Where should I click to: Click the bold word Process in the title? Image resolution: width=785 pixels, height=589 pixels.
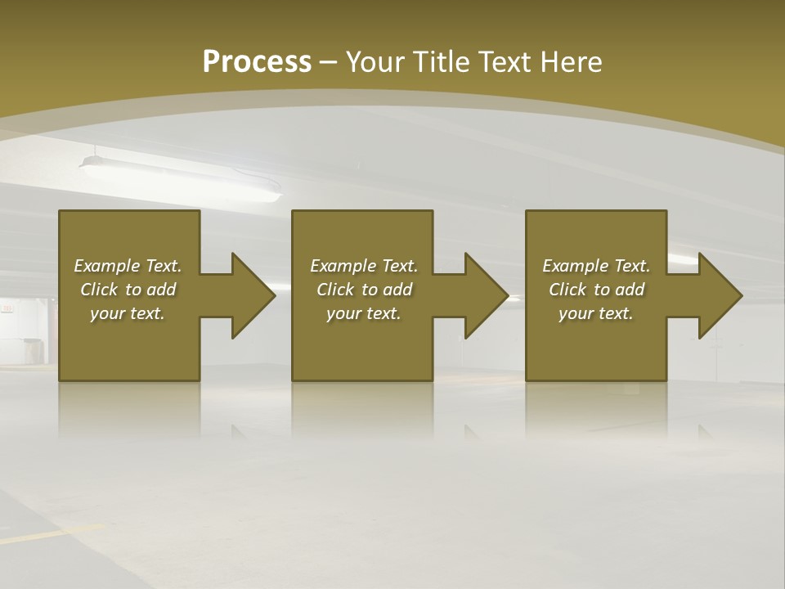pos(257,62)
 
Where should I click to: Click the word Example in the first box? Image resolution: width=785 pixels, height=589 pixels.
pos(106,266)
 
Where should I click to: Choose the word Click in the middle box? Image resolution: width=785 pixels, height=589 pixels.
pos(335,290)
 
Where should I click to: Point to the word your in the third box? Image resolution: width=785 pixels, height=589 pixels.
pos(576,313)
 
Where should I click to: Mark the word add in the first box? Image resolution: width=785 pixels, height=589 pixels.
pos(162,290)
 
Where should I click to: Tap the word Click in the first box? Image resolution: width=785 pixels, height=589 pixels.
pos(99,290)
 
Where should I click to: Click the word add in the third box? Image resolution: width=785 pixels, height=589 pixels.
pos(630,290)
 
